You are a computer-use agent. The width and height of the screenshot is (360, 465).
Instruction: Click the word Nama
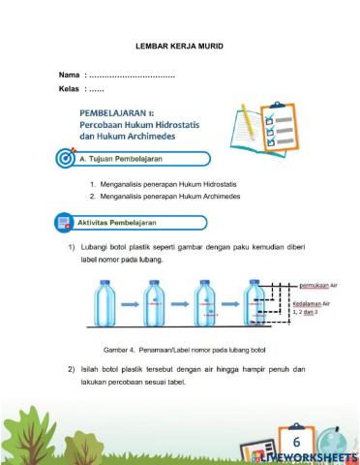(x=69, y=75)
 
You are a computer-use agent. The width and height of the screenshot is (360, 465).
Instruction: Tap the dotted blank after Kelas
(x=104, y=90)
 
